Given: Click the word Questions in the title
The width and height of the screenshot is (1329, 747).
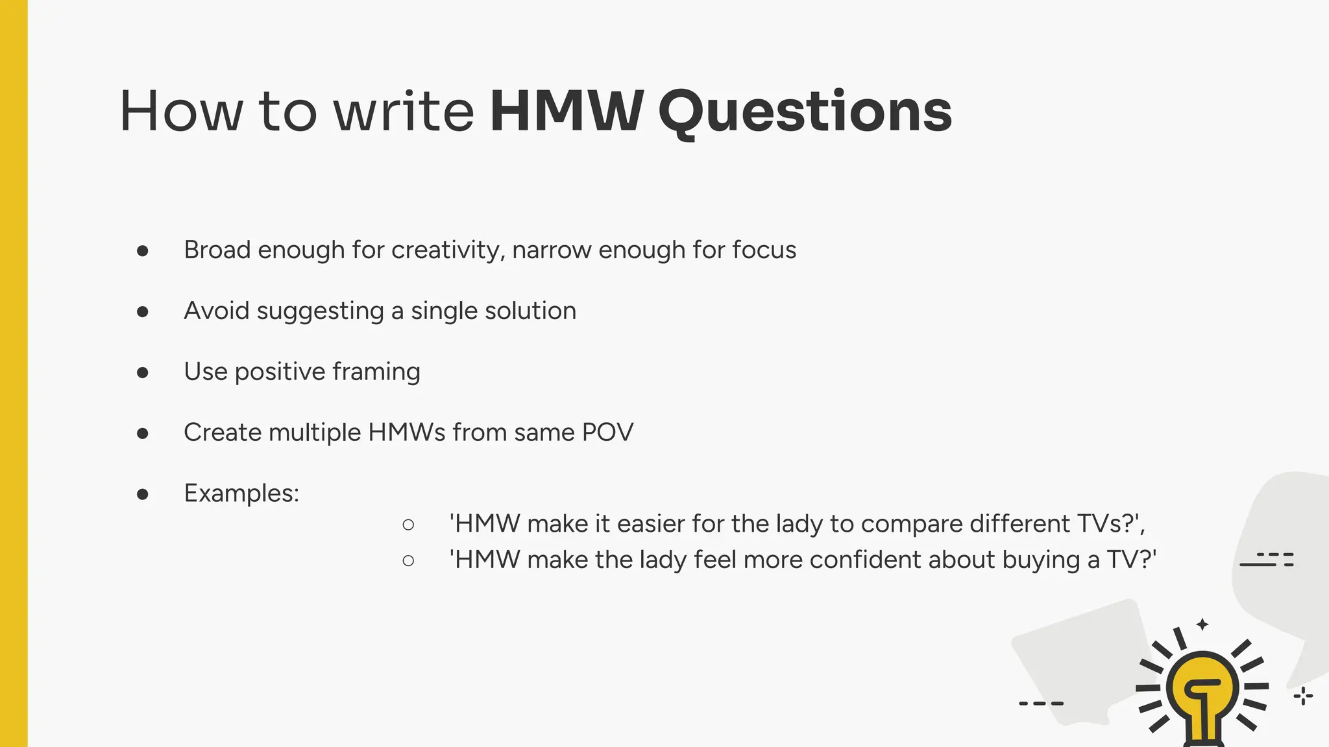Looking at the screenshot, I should pyautogui.click(x=805, y=112).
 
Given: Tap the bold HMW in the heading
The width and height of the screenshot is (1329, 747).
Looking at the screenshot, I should pyautogui.click(x=567, y=112).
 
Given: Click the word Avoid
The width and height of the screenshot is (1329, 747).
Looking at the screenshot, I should pyautogui.click(x=216, y=311).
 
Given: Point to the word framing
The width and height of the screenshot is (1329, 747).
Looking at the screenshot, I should pyautogui.click(x=376, y=372).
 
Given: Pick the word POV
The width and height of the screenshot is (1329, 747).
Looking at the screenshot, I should pyautogui.click(x=607, y=433).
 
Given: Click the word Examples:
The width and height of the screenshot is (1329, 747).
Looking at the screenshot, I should pyautogui.click(x=241, y=493).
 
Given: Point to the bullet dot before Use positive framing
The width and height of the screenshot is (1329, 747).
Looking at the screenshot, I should pyautogui.click(x=143, y=372).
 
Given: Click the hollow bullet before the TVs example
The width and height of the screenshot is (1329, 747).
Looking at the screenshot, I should pyautogui.click(x=408, y=525).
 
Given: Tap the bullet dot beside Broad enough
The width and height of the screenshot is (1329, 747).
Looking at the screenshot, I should pyautogui.click(x=143, y=251).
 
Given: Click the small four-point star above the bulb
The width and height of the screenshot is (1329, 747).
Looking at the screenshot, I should pyautogui.click(x=1202, y=624).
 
